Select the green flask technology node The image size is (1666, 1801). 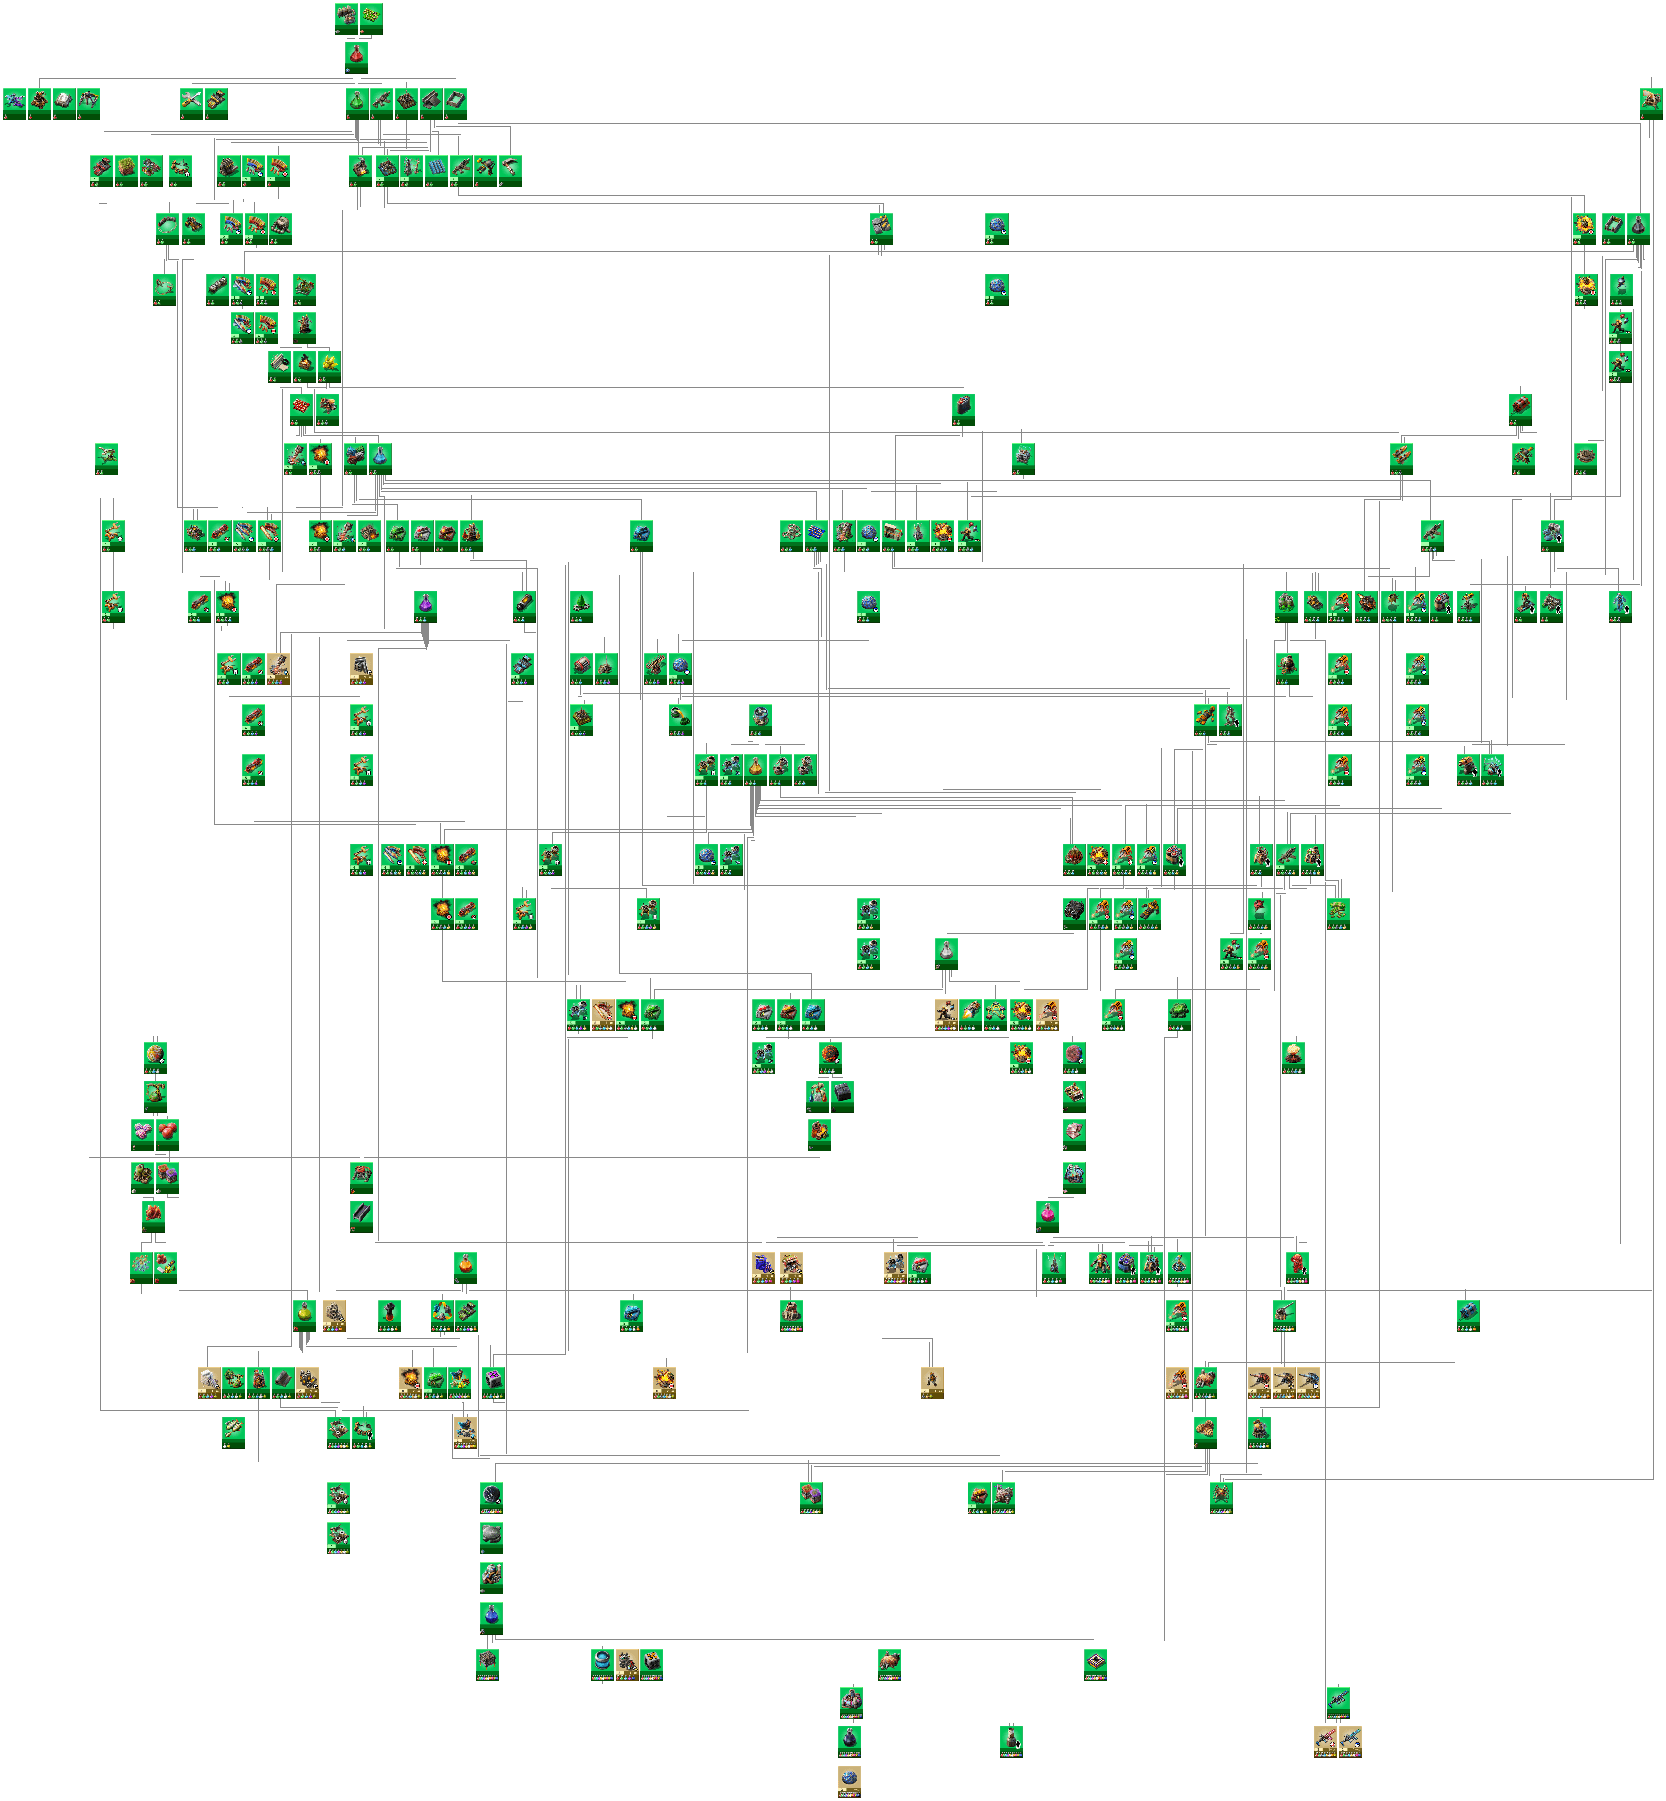tap(357, 101)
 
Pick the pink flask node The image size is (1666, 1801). tap(1048, 1213)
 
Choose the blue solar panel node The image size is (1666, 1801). tap(436, 168)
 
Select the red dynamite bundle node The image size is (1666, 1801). tap(301, 406)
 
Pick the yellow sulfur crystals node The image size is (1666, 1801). tap(329, 362)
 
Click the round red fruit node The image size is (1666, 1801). tap(168, 1131)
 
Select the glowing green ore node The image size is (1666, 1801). tap(1178, 1011)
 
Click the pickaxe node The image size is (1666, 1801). tap(510, 168)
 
